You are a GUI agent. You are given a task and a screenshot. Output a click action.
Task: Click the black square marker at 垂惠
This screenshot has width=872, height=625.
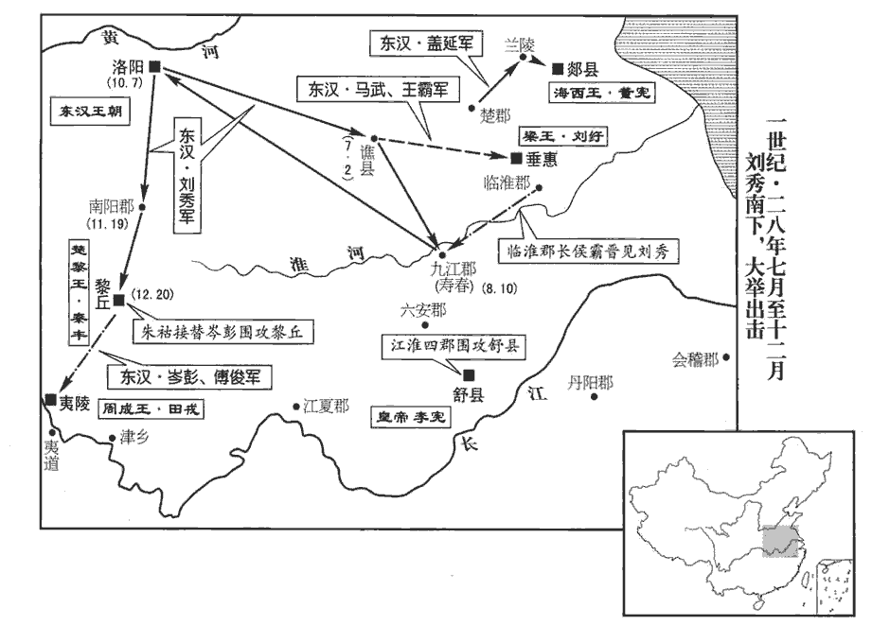pos(516,158)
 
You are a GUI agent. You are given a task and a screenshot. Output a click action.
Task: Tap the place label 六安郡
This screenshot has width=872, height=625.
pos(422,310)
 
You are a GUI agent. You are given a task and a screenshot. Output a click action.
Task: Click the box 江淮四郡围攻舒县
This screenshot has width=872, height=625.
pos(450,346)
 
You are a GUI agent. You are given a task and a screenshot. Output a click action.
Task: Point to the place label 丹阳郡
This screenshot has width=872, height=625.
pos(590,382)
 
